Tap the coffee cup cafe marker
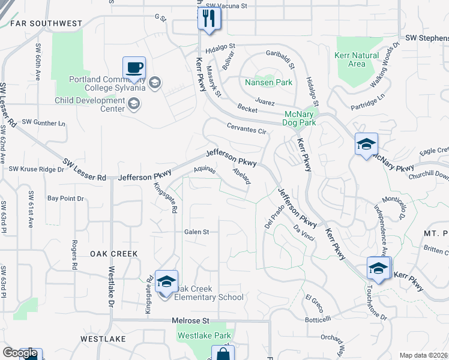[x=134, y=67]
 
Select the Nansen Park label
[x=268, y=82]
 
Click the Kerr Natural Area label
[x=357, y=59]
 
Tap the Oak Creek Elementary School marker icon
[x=166, y=281]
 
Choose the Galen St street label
[x=196, y=232]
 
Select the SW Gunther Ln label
[x=43, y=123]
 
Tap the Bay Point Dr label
[x=66, y=198]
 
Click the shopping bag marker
[x=223, y=354]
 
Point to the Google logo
[x=20, y=353]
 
